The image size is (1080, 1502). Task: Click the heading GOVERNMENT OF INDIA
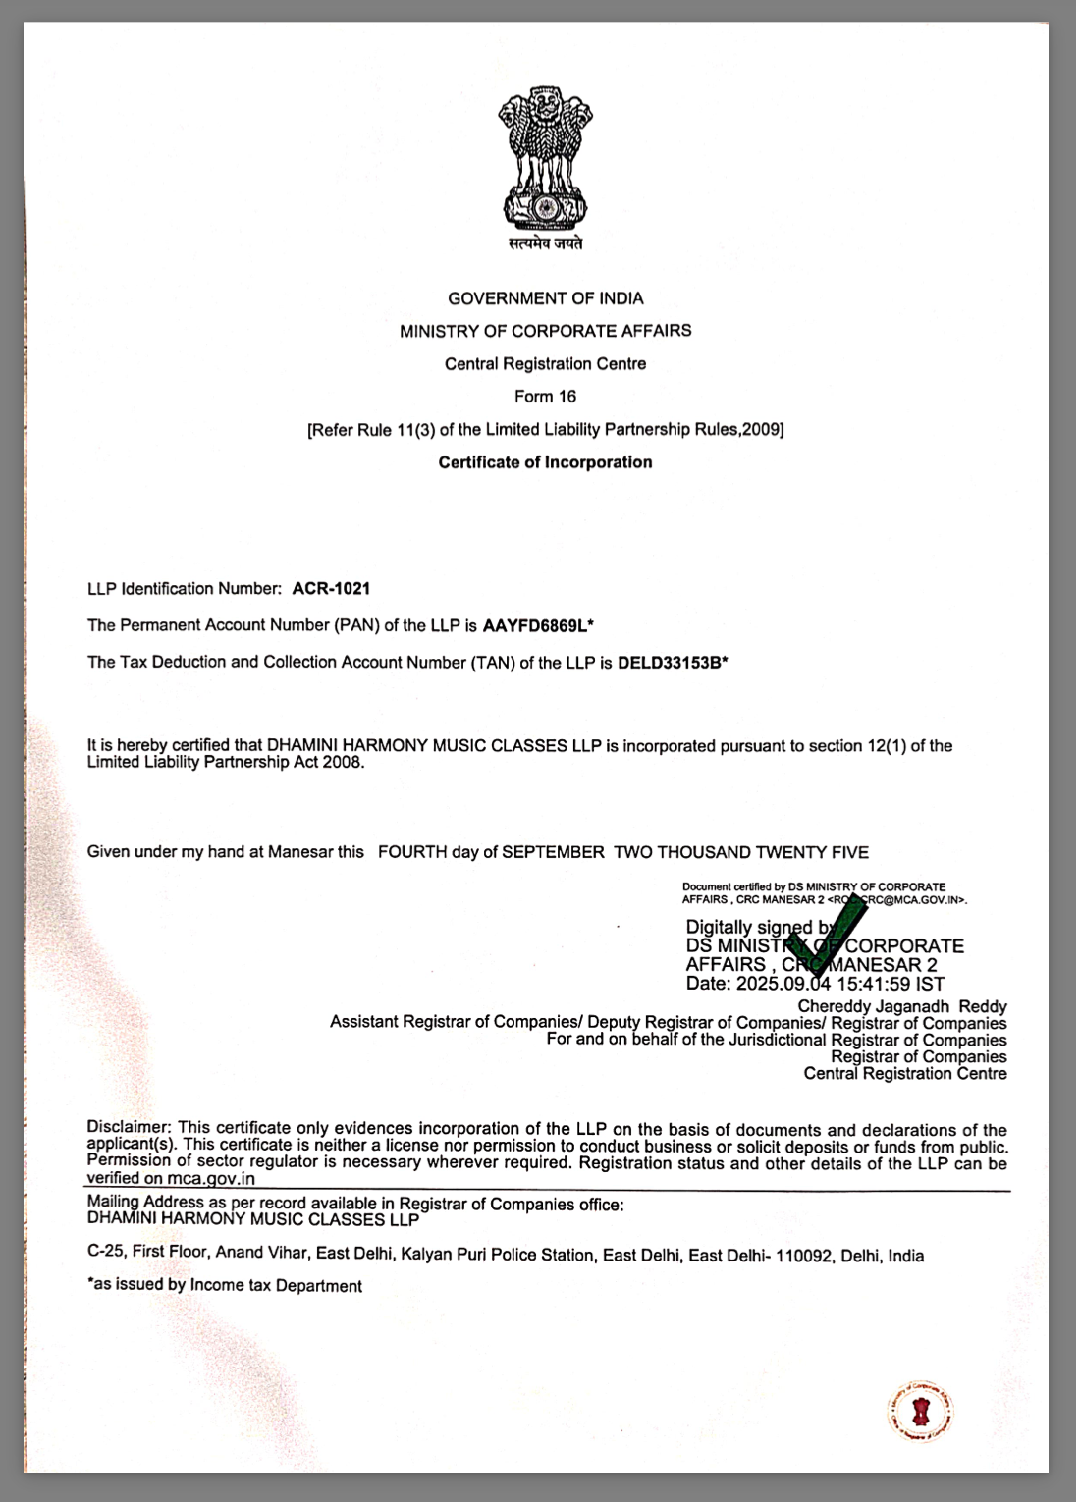pos(546,298)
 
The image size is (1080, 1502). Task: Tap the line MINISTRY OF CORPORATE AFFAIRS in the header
pos(545,331)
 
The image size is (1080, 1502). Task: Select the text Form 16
pos(545,397)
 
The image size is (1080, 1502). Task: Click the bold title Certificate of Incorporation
pos(545,462)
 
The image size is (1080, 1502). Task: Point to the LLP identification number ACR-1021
pos(331,589)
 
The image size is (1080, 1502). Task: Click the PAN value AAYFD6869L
pos(535,625)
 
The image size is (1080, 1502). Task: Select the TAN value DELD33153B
pos(670,663)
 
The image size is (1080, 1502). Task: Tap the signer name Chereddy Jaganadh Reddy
pos(901,1006)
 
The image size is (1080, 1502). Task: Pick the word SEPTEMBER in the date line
pos(553,852)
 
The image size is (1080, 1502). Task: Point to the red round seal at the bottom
pos(920,1413)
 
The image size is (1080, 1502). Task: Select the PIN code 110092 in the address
pos(803,1256)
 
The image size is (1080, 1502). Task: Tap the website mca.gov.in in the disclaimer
pos(210,1179)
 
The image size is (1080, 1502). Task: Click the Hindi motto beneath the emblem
pos(545,243)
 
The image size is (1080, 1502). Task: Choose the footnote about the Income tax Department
pos(225,1286)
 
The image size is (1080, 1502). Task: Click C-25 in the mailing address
pos(105,1252)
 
